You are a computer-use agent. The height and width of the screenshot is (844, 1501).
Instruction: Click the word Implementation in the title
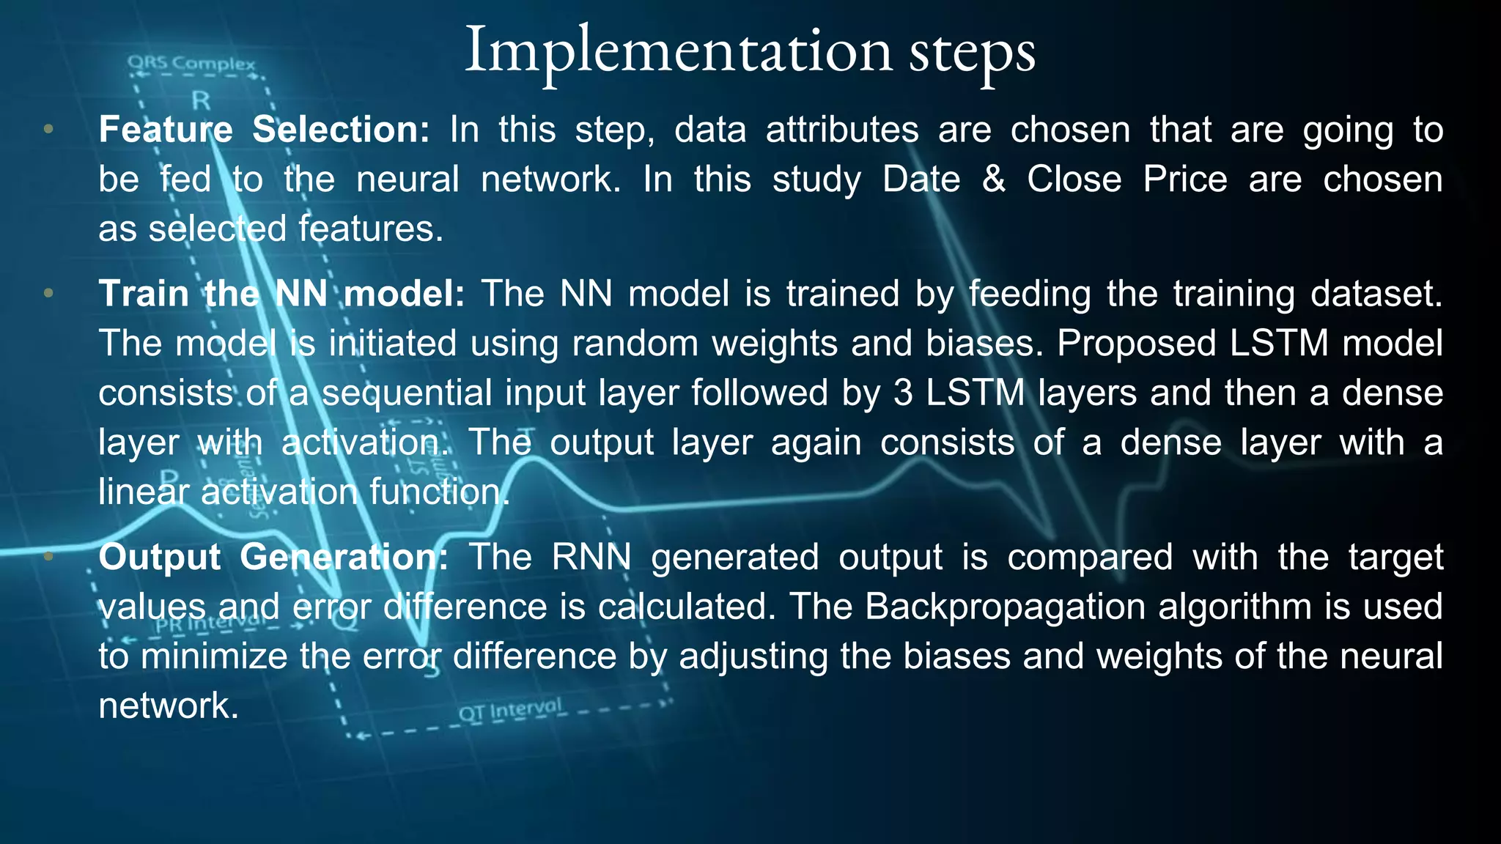[x=678, y=51]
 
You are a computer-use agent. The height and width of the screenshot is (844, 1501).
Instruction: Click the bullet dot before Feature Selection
[x=48, y=130]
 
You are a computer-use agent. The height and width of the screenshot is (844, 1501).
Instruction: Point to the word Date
[x=921, y=179]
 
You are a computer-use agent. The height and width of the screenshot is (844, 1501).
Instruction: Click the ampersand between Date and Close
[x=993, y=179]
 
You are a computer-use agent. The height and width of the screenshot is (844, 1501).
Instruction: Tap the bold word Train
[x=144, y=294]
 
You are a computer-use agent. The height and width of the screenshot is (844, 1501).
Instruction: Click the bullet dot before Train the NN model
[x=48, y=294]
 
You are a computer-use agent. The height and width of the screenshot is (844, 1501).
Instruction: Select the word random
[x=635, y=344]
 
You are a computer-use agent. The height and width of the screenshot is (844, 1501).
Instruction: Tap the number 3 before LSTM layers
[x=903, y=393]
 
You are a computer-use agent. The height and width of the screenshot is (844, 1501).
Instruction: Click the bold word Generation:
[x=344, y=558]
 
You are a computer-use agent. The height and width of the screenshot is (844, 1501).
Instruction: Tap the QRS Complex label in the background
[x=191, y=63]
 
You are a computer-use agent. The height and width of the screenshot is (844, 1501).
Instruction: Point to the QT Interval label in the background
[x=510, y=710]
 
